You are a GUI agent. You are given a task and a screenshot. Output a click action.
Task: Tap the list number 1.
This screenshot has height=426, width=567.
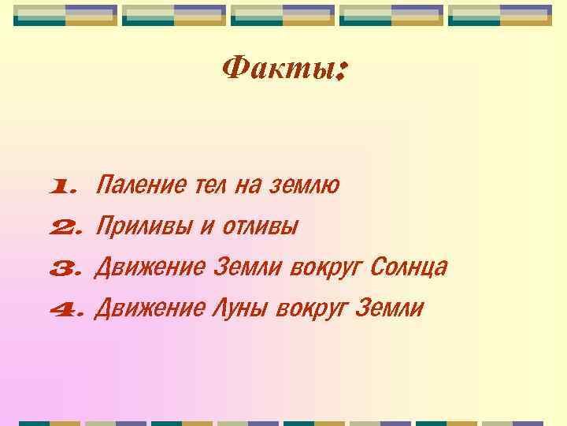point(63,188)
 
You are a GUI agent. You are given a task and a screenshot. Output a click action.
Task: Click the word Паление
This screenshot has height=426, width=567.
point(139,186)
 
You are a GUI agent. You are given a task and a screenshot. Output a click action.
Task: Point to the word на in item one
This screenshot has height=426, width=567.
point(247,186)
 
